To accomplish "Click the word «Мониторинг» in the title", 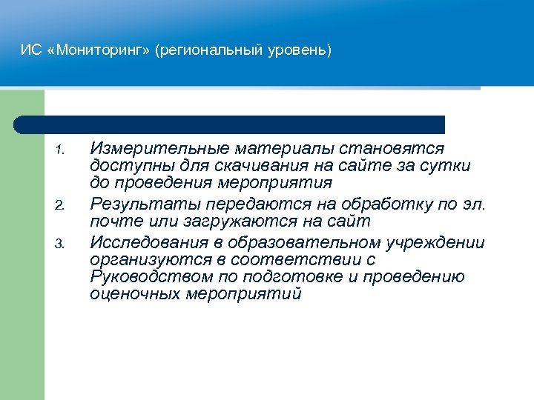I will point(98,51).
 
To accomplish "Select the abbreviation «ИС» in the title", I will point(30,51).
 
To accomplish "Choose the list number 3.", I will point(62,243).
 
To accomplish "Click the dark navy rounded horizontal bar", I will point(230,124).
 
